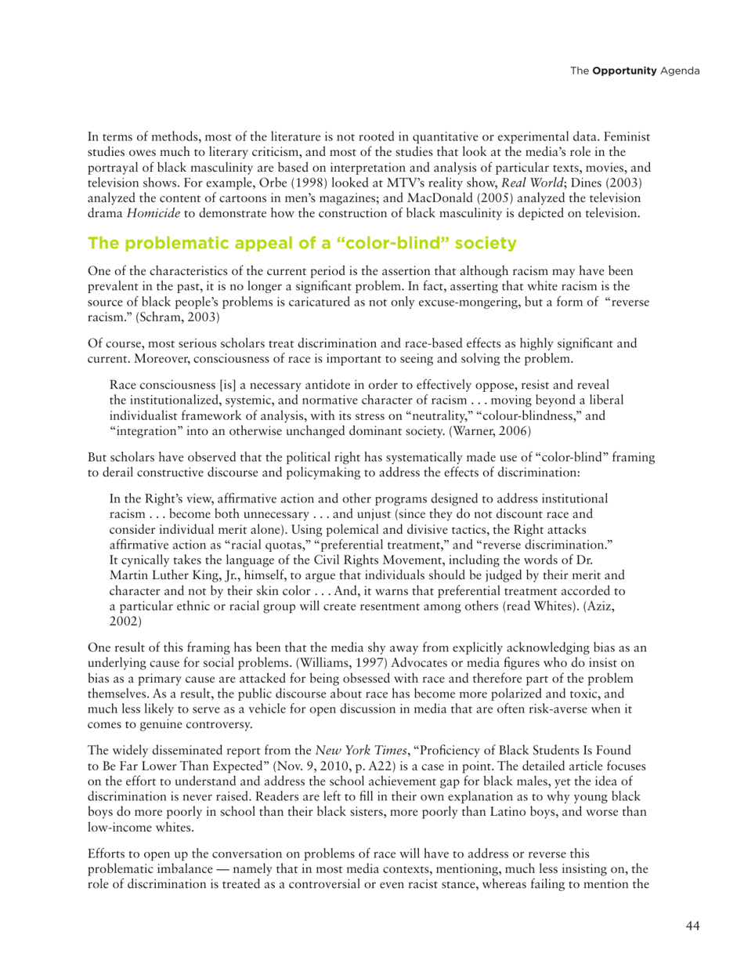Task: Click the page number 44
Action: (692, 925)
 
